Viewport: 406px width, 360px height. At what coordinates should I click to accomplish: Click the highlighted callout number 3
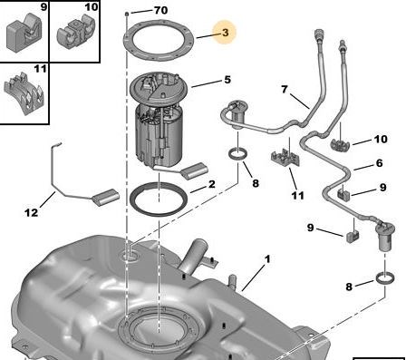click(x=226, y=33)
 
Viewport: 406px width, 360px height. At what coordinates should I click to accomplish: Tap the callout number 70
click(x=160, y=10)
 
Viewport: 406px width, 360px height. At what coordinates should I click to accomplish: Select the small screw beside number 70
click(x=127, y=14)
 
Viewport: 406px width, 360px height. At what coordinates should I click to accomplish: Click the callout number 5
click(x=227, y=80)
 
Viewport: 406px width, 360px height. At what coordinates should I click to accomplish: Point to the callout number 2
click(x=212, y=184)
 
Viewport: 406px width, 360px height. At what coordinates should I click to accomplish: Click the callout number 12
click(x=32, y=213)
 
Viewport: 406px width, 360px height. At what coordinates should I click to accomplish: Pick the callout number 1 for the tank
click(x=267, y=259)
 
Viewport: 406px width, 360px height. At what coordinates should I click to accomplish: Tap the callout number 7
click(x=285, y=90)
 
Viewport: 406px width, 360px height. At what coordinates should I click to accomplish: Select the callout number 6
click(x=380, y=163)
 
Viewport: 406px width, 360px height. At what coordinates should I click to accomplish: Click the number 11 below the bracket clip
click(x=297, y=196)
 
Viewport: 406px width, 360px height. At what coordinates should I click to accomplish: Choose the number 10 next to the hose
click(x=381, y=139)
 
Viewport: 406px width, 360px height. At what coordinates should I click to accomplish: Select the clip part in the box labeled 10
click(x=76, y=34)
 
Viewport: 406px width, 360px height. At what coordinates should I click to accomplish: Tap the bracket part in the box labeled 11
click(x=24, y=92)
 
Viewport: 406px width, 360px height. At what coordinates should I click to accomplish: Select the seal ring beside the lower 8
click(x=385, y=278)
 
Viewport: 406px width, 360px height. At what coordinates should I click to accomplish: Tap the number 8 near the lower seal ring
click(x=349, y=287)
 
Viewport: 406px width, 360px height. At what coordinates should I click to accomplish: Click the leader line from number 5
click(x=206, y=83)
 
